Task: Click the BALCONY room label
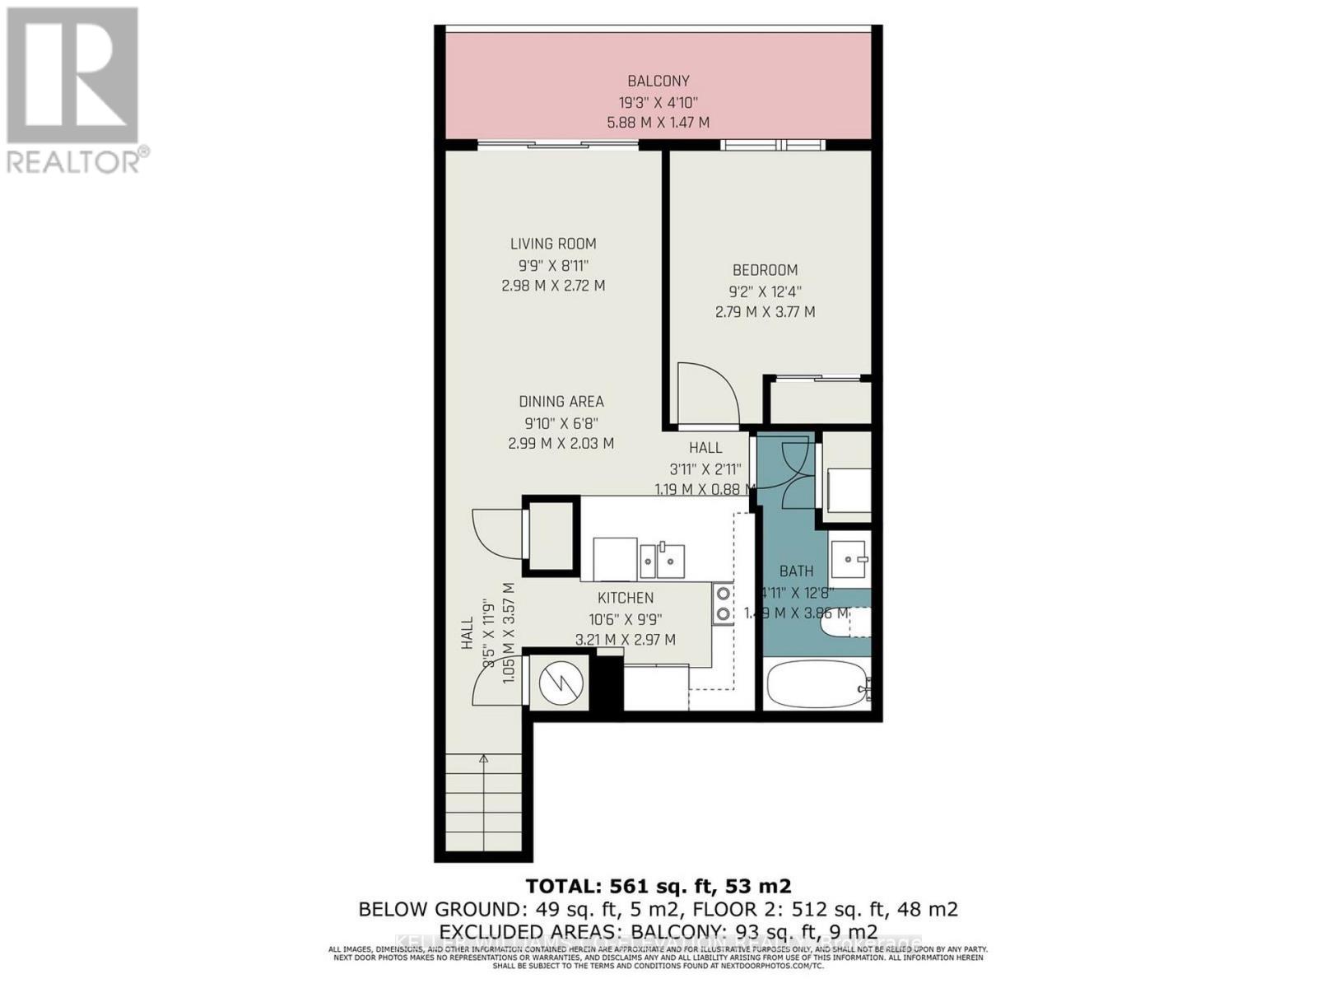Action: tap(658, 81)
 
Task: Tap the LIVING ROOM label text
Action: tap(553, 244)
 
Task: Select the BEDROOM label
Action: tap(765, 270)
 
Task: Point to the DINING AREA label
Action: tap(561, 402)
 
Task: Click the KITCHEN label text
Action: tap(626, 598)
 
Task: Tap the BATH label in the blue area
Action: tap(796, 571)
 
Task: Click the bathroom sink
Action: tap(849, 559)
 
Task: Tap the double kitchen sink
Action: tap(662, 561)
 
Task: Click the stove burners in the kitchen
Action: tap(724, 603)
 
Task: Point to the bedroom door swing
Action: tap(706, 394)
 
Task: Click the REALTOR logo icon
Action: tap(72, 75)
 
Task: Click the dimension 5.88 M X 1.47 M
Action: tap(658, 123)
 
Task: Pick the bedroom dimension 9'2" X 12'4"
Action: tap(765, 291)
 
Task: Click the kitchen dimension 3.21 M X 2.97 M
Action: tap(626, 640)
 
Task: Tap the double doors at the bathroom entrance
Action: tap(785, 473)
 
